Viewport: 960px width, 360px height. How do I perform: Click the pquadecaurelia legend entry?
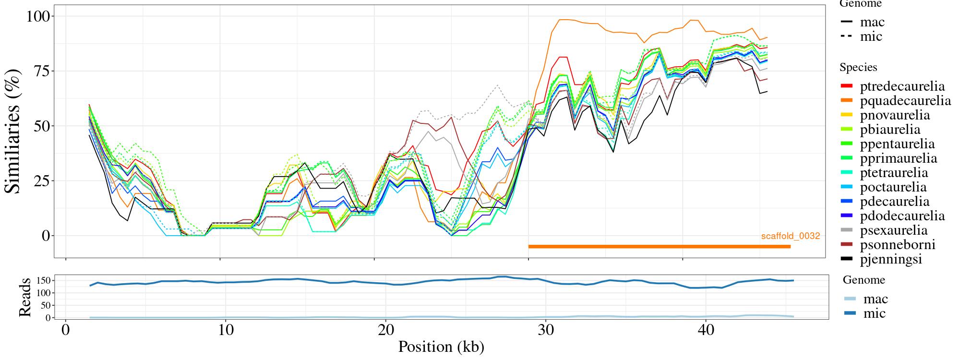(905, 101)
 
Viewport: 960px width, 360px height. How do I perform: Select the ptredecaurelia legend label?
(902, 86)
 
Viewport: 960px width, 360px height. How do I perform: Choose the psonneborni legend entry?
(898, 245)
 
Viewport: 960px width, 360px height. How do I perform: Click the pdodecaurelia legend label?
(902, 216)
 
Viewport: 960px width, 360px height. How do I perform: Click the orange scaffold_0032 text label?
(790, 236)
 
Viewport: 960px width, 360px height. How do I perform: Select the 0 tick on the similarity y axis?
(46, 236)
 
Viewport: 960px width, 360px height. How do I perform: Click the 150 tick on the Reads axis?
(43, 280)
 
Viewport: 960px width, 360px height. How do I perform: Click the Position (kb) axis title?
(441, 347)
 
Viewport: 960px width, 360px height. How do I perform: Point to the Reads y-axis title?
(24, 298)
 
